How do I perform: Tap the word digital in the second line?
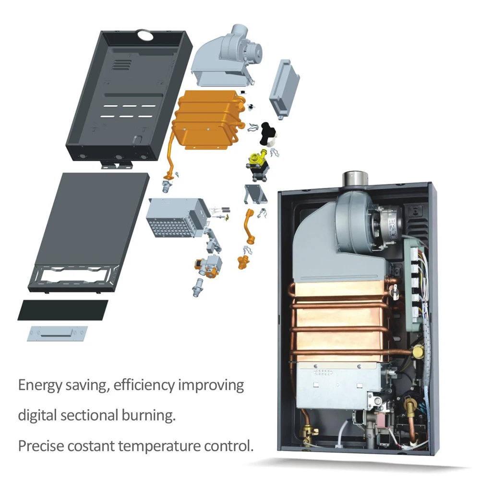(38, 415)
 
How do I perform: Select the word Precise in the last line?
(40, 445)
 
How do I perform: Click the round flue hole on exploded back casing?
(144, 34)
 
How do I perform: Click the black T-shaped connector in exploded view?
(265, 132)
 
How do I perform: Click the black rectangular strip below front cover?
(62, 310)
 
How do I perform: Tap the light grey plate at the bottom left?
(58, 333)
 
